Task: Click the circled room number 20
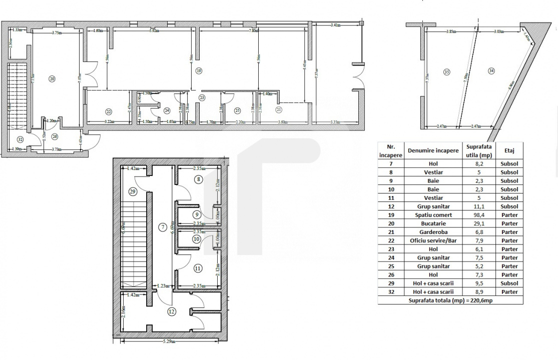(52, 78)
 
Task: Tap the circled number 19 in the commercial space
(199, 71)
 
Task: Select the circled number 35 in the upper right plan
(447, 72)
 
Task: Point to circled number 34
(491, 71)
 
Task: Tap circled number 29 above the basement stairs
(133, 191)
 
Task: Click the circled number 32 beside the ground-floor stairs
(20, 139)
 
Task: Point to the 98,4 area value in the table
(478, 215)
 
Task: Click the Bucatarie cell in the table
(433, 223)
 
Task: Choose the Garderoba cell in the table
(433, 232)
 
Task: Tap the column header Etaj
(509, 150)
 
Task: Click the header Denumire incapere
(433, 150)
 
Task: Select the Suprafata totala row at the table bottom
(450, 300)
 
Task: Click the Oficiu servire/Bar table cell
(433, 240)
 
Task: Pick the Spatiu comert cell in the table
(433, 215)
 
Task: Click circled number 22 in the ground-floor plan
(109, 111)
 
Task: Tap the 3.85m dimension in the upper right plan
(451, 31)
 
